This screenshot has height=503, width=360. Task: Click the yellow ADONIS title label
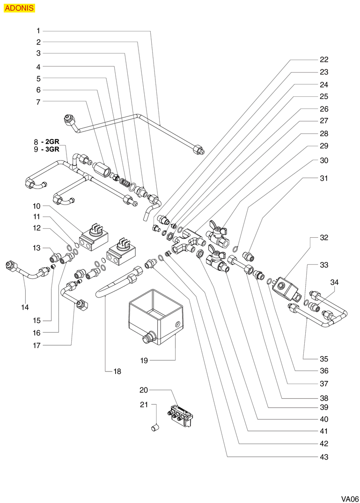coord(19,8)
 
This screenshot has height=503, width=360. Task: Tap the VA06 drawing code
coord(349,498)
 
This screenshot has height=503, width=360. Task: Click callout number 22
coord(324,59)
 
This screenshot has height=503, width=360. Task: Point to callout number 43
coord(324,457)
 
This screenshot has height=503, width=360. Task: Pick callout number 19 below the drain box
coord(144,360)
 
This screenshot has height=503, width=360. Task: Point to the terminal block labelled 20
coord(181,415)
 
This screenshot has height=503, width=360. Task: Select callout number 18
coord(117,372)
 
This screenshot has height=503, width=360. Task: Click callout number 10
coord(37,206)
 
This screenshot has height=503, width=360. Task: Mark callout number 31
coord(324,178)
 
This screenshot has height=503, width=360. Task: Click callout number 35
coord(324,359)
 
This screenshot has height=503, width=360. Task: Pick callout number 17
coord(37,345)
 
